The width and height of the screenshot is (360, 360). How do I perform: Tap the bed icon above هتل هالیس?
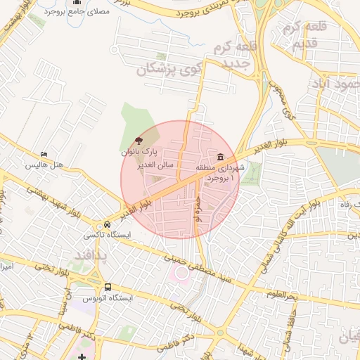click(x=44, y=155)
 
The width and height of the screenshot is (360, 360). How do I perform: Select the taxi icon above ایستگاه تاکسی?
click(x=107, y=224)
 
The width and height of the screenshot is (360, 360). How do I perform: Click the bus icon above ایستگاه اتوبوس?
click(x=108, y=287)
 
